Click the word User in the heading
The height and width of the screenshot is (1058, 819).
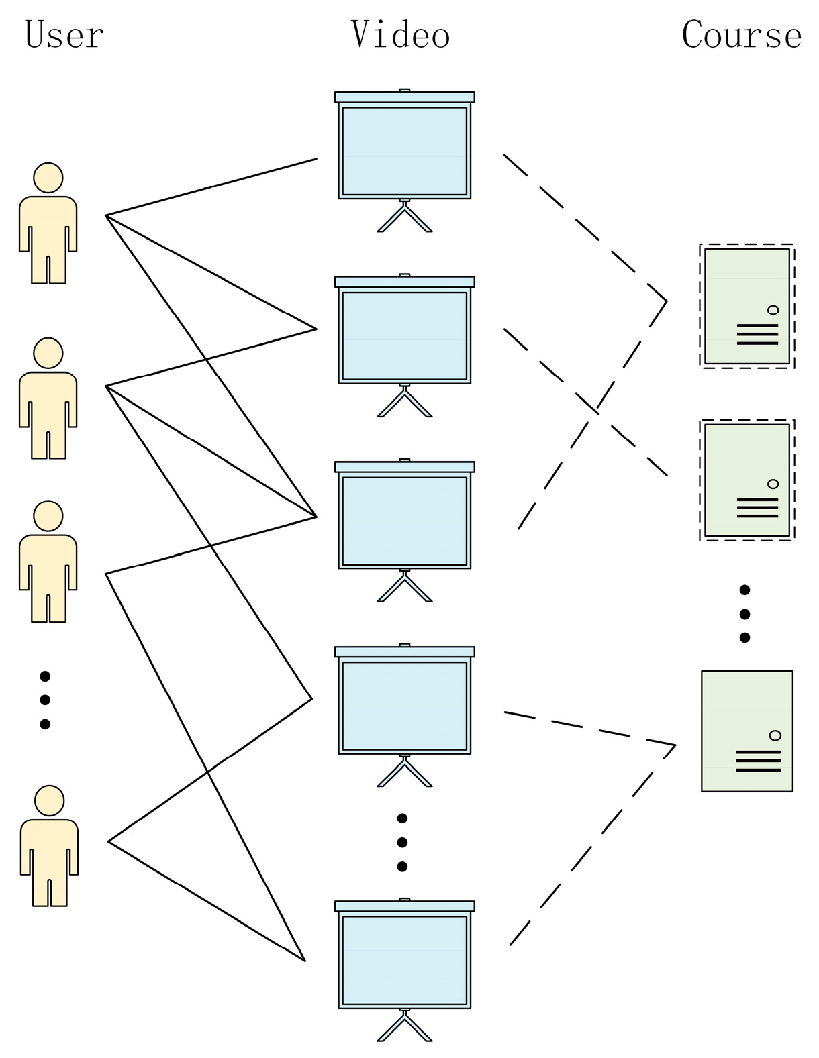point(64,35)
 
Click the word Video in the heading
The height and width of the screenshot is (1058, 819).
point(400,35)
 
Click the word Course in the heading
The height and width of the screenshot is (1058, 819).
point(741,35)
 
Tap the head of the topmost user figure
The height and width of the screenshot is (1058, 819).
point(48,178)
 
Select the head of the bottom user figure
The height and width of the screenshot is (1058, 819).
point(49,800)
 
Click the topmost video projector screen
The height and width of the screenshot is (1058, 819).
point(404,151)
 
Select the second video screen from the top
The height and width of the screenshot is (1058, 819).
point(404,335)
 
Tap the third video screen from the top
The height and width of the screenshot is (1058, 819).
point(404,521)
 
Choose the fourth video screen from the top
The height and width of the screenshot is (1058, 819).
point(404,705)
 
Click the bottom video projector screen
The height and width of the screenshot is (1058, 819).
point(404,959)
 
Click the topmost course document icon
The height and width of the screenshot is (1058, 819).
point(746,306)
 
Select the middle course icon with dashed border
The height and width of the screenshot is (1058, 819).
point(746,480)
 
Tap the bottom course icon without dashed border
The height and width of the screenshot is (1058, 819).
point(746,731)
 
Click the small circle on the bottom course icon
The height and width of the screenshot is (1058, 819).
point(775,735)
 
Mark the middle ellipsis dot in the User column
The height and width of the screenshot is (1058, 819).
point(45,700)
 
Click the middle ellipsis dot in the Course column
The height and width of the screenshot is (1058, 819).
point(744,614)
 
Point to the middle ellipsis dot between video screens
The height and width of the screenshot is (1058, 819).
point(402,842)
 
